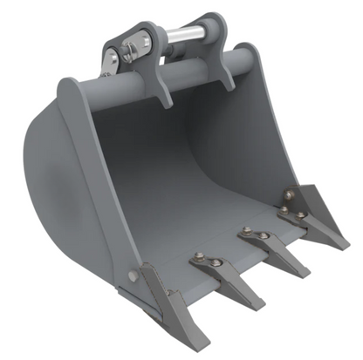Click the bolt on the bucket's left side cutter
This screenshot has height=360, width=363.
pyautogui.click(x=133, y=276)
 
